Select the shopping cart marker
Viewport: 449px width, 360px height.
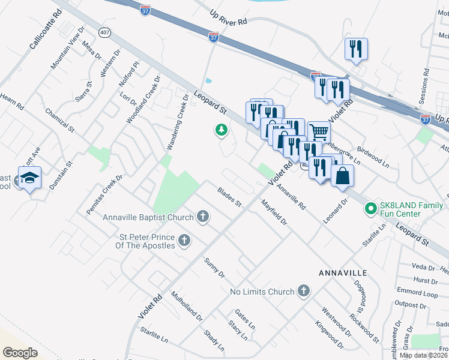pos(319,131)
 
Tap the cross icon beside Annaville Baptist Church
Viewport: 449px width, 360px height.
pos(203,217)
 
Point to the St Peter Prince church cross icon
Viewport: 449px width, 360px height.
pos(184,241)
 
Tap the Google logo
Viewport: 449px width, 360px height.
pos(20,352)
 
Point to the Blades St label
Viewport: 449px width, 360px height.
pos(229,196)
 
